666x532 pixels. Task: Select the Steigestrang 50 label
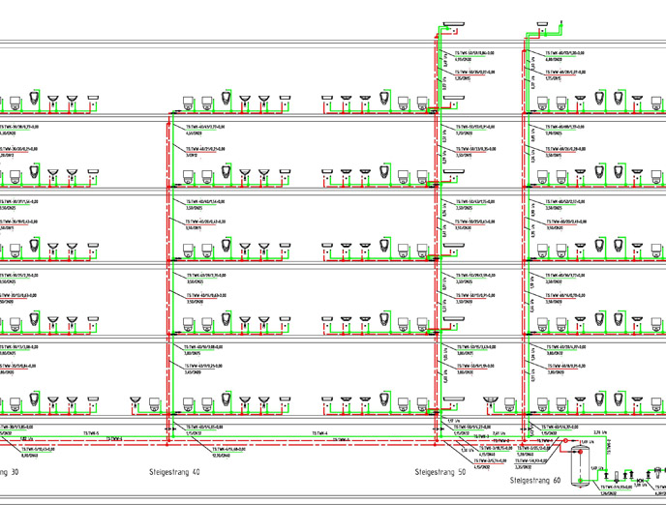click(x=439, y=473)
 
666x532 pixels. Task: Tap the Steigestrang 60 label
click(x=535, y=480)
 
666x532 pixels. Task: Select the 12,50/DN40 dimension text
click(x=225, y=452)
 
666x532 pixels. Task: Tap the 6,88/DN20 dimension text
click(x=556, y=60)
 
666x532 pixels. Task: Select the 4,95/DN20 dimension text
click(x=466, y=60)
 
